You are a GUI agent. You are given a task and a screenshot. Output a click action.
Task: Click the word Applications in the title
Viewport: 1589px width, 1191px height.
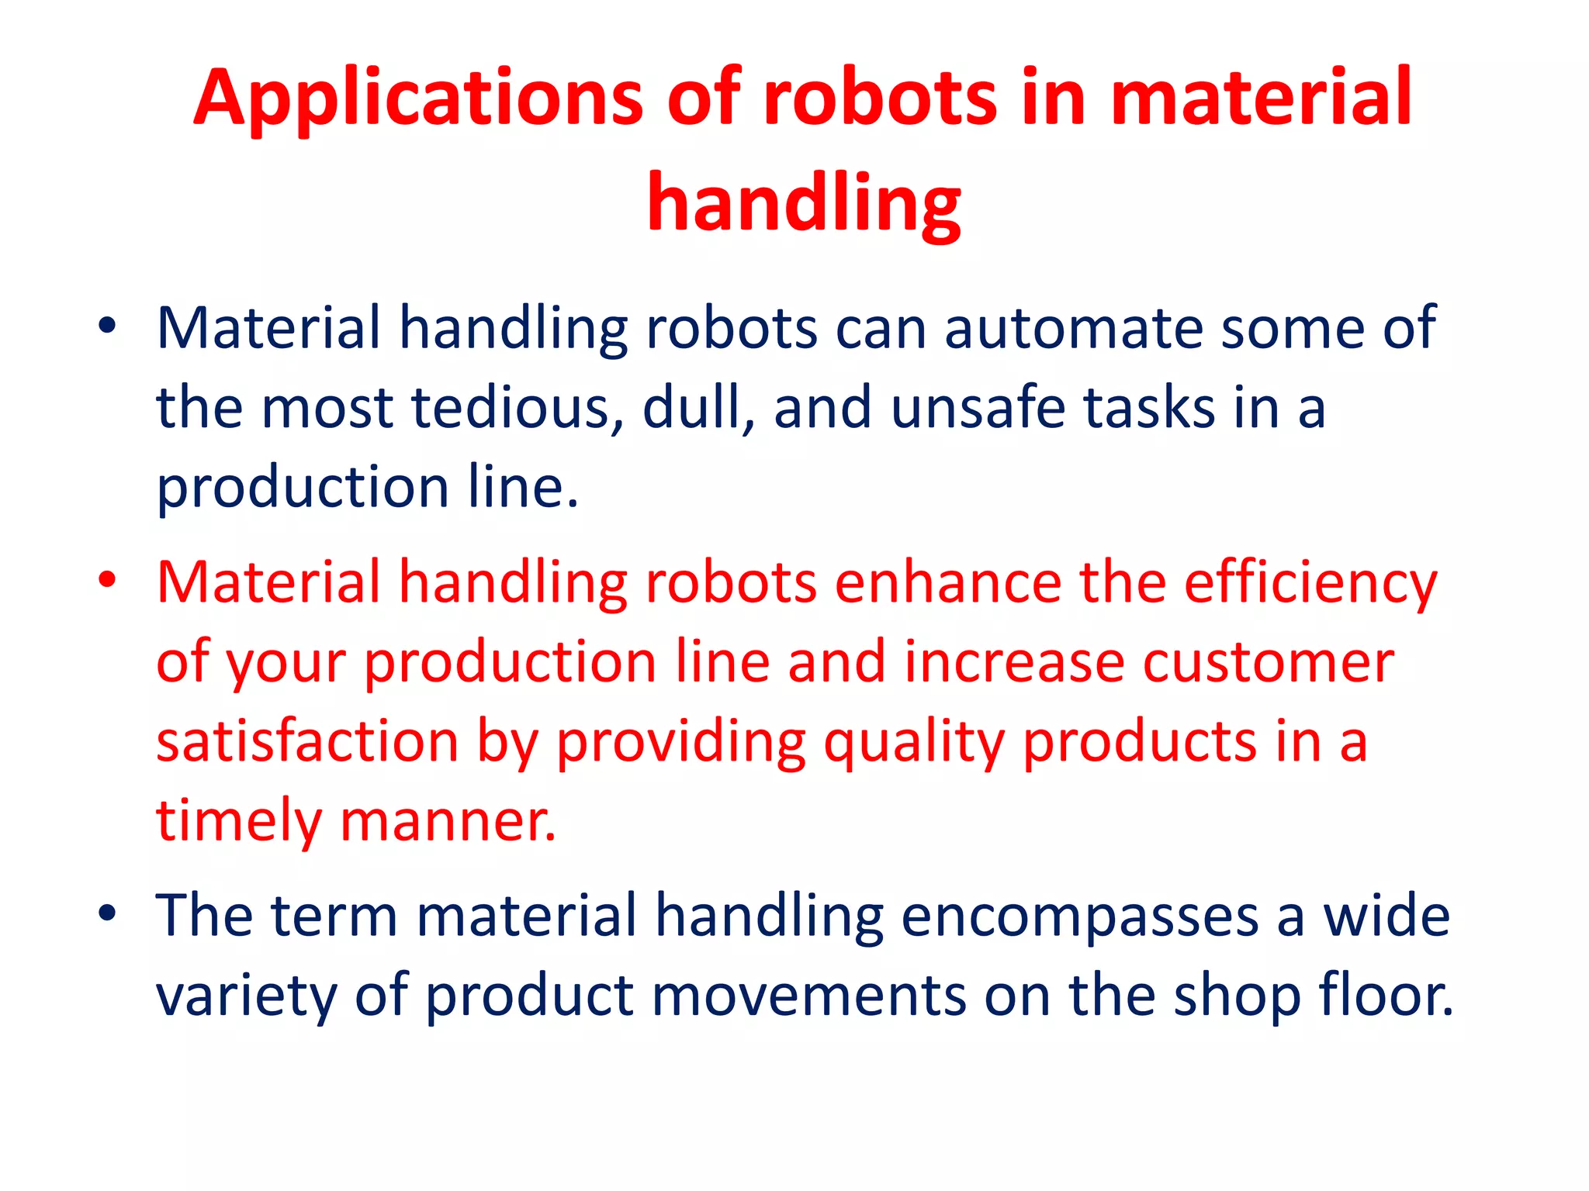[x=417, y=98]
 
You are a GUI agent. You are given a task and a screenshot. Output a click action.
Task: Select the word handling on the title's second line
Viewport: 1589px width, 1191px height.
[x=804, y=203]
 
